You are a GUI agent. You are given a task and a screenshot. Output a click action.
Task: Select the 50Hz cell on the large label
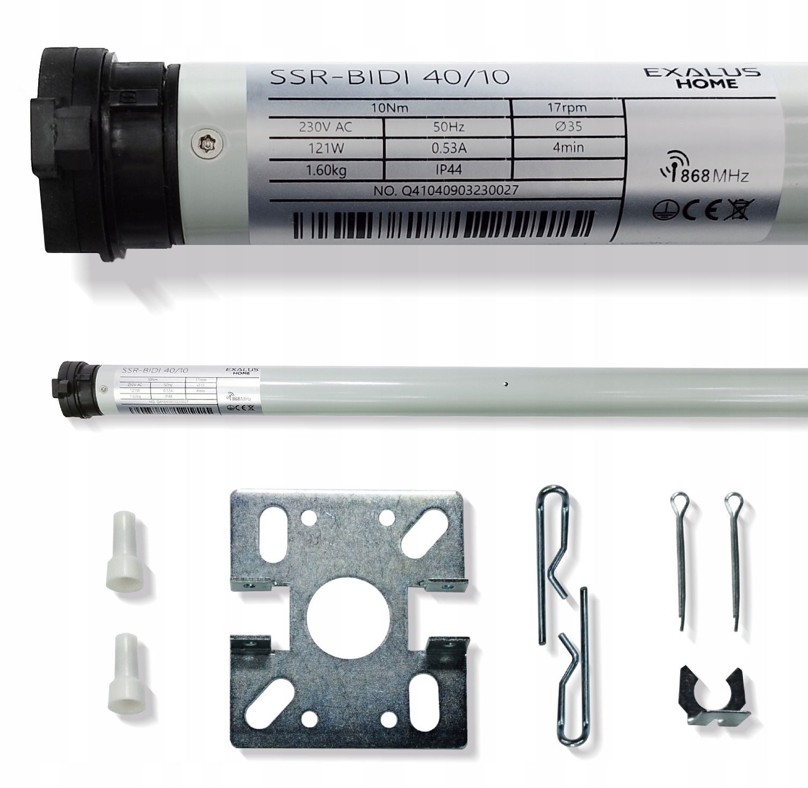click(x=448, y=127)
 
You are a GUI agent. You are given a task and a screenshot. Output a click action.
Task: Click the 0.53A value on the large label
click(x=448, y=149)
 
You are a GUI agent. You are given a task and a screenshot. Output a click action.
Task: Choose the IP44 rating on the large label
click(x=448, y=170)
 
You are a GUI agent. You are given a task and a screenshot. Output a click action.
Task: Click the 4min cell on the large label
click(x=568, y=147)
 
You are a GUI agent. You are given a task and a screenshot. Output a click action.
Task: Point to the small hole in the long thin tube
click(x=506, y=384)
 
